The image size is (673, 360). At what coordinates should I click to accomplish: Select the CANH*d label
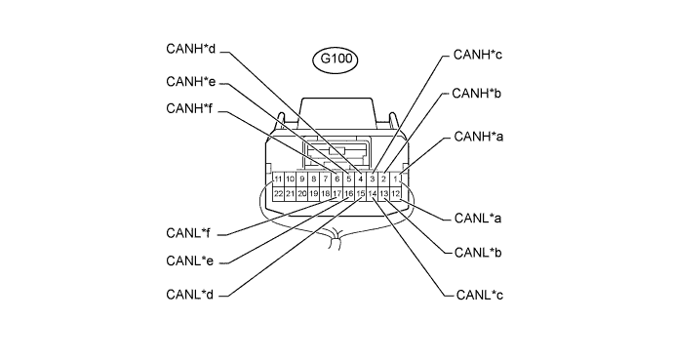[190, 49]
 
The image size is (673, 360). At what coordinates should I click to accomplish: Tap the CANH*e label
[190, 82]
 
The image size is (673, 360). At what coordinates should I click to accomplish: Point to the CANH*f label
[189, 108]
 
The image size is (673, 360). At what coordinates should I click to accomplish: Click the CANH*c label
[478, 55]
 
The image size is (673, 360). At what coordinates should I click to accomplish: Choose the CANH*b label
[476, 93]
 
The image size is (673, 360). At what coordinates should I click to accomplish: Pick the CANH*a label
[479, 137]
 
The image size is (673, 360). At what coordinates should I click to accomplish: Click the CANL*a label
[478, 218]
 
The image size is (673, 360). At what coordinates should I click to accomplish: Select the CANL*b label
[478, 253]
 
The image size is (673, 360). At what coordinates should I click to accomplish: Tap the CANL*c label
[480, 295]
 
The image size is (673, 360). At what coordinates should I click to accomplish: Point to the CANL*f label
[188, 233]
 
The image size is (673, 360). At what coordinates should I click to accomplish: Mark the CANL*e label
[190, 260]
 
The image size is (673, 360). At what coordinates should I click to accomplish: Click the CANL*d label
[190, 295]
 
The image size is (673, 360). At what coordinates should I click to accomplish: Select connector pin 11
[279, 179]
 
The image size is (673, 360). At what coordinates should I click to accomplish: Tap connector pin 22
[279, 194]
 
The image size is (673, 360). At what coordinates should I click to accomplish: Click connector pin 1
[396, 179]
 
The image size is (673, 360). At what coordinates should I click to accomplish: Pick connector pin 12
[396, 194]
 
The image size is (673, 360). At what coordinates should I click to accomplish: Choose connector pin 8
[314, 179]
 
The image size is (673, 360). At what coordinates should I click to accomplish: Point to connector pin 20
[302, 194]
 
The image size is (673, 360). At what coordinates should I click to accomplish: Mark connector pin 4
[361, 179]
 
